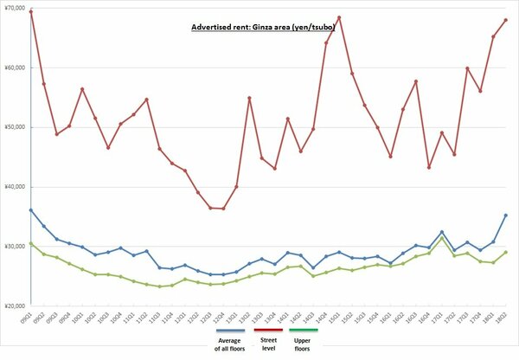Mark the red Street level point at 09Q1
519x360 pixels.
point(31,11)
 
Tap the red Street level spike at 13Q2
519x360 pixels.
point(249,98)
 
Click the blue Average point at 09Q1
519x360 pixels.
point(31,210)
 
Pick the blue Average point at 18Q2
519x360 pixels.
point(505,215)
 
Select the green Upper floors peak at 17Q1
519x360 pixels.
point(442,237)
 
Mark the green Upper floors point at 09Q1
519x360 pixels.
point(31,243)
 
